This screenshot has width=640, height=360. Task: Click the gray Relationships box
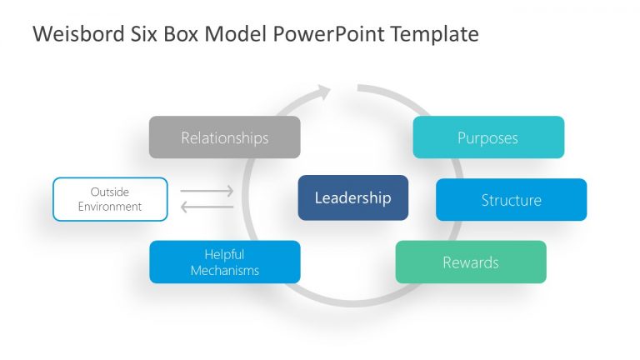[224, 137]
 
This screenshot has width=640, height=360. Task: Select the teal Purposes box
[487, 137]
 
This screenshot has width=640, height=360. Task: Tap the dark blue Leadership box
[352, 197]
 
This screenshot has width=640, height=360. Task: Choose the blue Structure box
[511, 200]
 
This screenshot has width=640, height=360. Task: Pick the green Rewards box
[470, 262]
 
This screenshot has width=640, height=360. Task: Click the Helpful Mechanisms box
[224, 262]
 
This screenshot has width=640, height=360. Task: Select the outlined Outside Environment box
[110, 199]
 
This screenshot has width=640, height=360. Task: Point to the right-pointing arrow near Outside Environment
[207, 192]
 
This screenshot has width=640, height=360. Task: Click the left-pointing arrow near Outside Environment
[207, 207]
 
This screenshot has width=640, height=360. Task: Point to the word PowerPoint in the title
[322, 34]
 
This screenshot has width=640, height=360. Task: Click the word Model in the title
[227, 34]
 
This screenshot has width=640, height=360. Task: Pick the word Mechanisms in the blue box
[224, 271]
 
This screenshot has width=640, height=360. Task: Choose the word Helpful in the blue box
[224, 255]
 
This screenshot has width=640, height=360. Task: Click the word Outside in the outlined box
[110, 192]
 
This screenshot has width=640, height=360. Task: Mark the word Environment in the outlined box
[110, 207]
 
